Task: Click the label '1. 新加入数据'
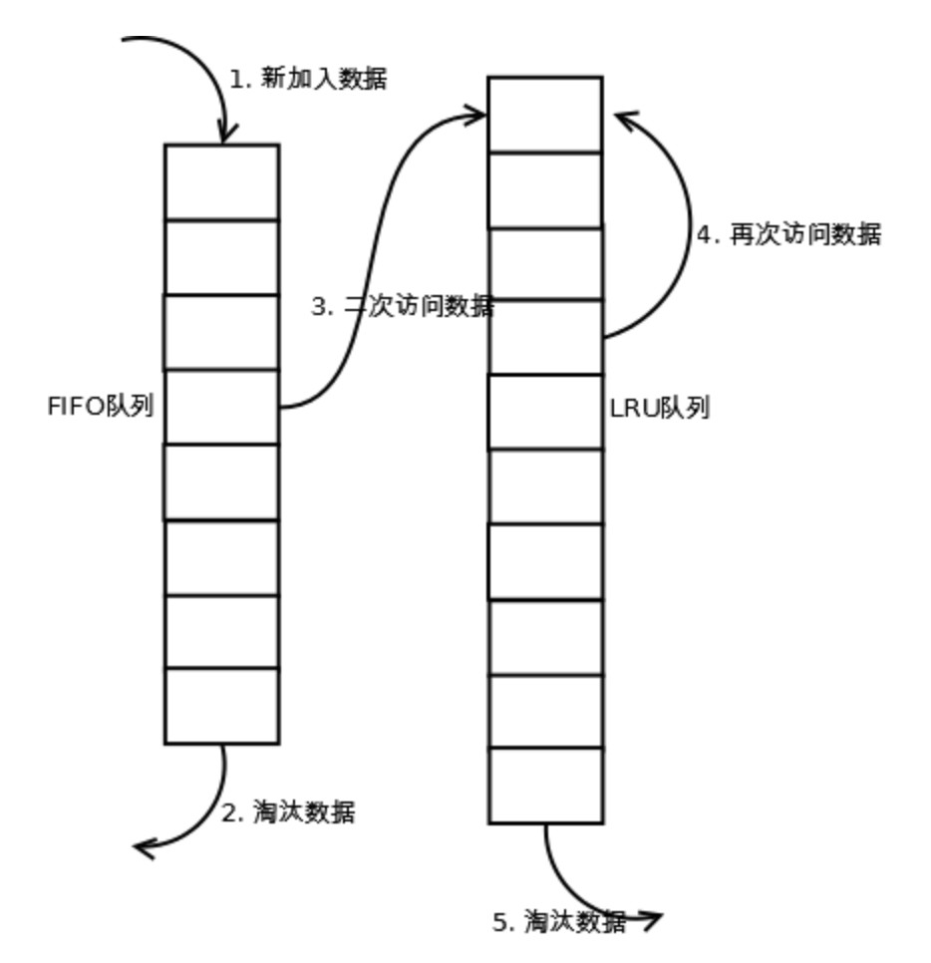[x=308, y=79]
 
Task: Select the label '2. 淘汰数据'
[x=288, y=812]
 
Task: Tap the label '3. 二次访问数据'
[x=403, y=307]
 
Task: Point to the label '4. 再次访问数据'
[x=788, y=235]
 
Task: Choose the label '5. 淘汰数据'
[x=560, y=922]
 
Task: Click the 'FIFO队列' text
[x=101, y=407]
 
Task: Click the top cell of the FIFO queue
[x=221, y=181]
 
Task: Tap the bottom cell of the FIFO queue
[x=221, y=706]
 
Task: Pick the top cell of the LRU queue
[x=545, y=115]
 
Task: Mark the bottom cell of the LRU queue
[x=545, y=786]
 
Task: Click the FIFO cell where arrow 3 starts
[x=221, y=407]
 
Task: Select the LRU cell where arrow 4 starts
[x=545, y=337]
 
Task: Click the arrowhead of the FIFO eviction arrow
[x=143, y=848]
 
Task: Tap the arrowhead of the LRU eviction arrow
[x=653, y=919]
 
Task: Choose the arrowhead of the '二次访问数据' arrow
[x=477, y=116]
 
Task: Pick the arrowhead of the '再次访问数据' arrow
[x=623, y=118]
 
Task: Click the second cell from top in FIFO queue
[x=221, y=257]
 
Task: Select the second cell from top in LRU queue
[x=545, y=189]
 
